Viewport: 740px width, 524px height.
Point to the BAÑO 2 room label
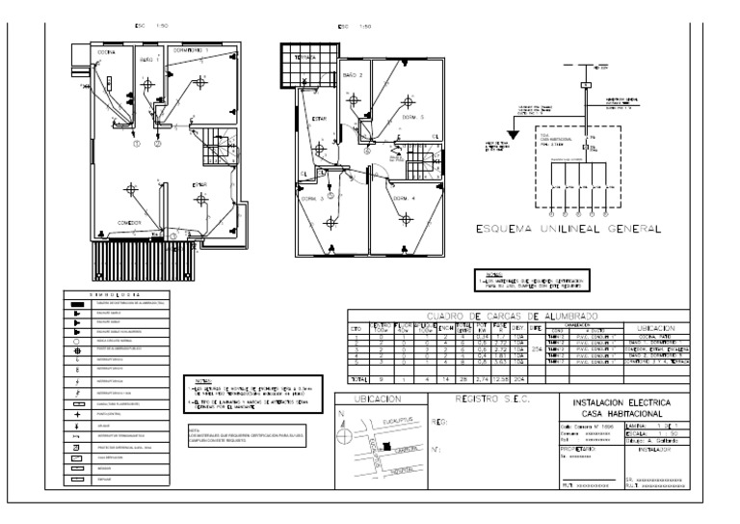(355, 73)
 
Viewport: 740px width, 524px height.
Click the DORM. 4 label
(405, 199)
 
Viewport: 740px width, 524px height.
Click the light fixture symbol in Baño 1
(147, 84)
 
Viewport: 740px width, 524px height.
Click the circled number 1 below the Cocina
(136, 144)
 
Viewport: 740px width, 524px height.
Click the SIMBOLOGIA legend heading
(118, 294)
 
